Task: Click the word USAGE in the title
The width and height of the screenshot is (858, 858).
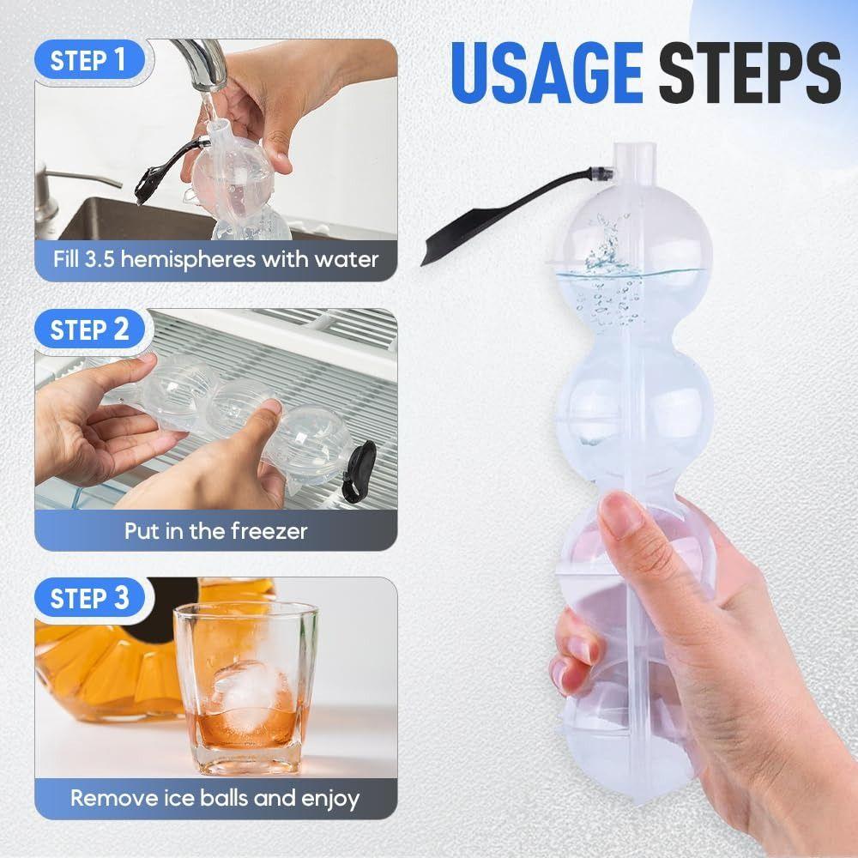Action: (x=546, y=75)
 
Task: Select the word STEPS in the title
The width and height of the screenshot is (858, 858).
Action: (x=749, y=75)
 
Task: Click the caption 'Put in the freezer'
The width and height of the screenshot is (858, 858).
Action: (x=215, y=530)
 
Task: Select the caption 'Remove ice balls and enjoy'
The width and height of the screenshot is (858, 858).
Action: (x=215, y=798)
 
